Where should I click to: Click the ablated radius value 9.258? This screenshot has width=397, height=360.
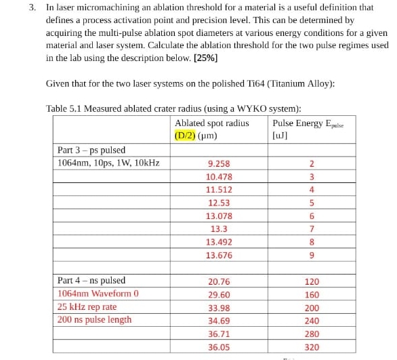pos(219,164)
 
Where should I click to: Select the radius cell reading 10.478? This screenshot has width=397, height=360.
pos(219,177)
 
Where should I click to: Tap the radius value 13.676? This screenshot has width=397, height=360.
pos(219,256)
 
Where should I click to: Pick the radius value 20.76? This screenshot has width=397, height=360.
pos(219,281)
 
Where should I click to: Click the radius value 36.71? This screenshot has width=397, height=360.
pos(219,334)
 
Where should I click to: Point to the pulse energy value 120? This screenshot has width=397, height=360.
pos(312,281)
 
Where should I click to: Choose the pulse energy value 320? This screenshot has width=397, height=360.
pos(312,347)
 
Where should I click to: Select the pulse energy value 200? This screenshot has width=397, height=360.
pos(312,308)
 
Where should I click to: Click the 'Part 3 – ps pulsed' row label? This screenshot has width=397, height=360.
pos(91,150)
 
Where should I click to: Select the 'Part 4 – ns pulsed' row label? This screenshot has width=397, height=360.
pos(91,280)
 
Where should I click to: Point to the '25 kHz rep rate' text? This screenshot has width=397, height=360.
pos(87,306)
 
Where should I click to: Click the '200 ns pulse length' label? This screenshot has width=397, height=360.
pos(94,319)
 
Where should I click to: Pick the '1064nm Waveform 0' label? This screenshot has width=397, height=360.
pos(98,294)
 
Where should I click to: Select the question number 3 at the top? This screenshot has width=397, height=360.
pos(32,7)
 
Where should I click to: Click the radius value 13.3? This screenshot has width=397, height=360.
pos(219,229)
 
